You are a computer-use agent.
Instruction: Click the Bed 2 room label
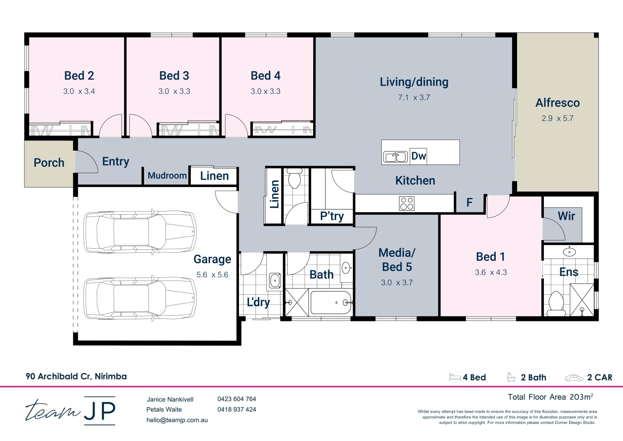point(79,76)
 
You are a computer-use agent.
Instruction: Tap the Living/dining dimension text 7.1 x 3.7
point(414,98)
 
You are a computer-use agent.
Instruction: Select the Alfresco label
point(558,103)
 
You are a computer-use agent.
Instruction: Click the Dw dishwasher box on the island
point(418,156)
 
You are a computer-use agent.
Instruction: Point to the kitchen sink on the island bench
point(395,156)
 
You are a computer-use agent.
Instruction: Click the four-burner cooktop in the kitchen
point(406,203)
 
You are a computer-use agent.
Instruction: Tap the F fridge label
point(469,203)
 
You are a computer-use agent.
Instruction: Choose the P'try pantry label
point(332,216)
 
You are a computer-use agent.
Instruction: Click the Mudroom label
point(167,176)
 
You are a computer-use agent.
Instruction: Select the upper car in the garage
point(140,232)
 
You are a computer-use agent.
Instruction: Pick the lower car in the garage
point(140,298)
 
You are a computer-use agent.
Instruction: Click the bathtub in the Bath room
point(331,303)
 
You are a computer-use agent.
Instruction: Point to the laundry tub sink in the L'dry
point(275,280)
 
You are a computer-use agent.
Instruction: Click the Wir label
point(566,216)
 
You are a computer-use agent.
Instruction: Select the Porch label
point(49,163)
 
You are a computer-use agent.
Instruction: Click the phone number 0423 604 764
point(237,399)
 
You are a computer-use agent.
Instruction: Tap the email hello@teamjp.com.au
point(177,420)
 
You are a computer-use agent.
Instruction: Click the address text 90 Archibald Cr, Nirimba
point(76,376)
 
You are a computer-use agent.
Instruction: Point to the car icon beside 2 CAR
point(574,378)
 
